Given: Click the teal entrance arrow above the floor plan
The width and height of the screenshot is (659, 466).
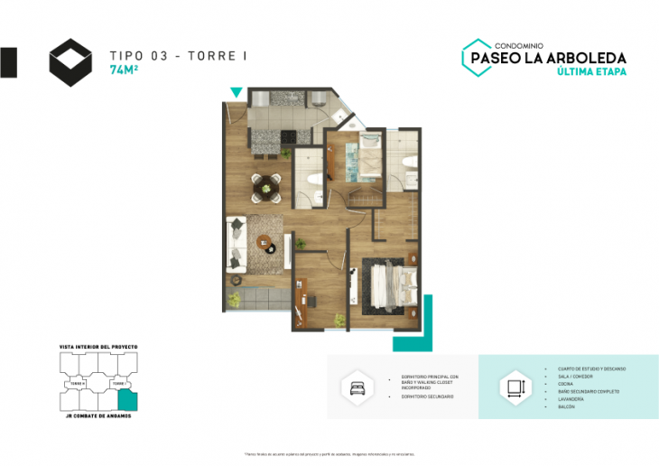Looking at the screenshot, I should pos(237,92).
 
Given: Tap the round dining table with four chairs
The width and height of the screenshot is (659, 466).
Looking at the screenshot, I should pos(265,187).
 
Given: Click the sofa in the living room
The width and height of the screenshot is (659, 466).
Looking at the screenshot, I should pos(236,242).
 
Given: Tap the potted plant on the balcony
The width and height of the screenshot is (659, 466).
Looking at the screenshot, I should pos(235,297).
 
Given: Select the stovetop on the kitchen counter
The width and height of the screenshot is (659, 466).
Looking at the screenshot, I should pos(290,137).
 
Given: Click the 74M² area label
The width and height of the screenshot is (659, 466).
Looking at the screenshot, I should pos(124,70).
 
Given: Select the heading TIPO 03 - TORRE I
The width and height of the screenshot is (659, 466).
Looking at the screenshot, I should pos(178,56).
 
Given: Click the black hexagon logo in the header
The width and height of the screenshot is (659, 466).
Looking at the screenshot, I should pos(70,62).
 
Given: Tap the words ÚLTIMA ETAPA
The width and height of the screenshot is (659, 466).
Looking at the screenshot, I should pos(592,71).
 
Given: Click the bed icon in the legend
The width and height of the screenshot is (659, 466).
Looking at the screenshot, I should pos(353,387).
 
